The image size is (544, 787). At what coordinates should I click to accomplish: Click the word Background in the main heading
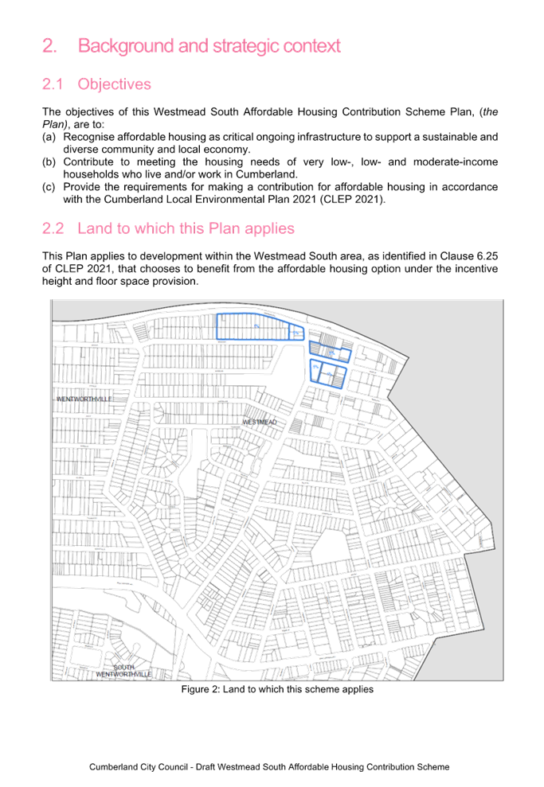click(126, 46)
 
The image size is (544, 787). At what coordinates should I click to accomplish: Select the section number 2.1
click(53, 84)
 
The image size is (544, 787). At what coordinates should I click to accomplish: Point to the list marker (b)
click(48, 162)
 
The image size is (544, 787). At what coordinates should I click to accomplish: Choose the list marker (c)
click(48, 187)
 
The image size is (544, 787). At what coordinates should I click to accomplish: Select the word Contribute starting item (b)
click(88, 162)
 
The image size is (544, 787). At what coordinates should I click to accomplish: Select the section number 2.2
click(53, 229)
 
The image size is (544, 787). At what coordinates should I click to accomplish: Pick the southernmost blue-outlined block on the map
click(327, 373)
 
